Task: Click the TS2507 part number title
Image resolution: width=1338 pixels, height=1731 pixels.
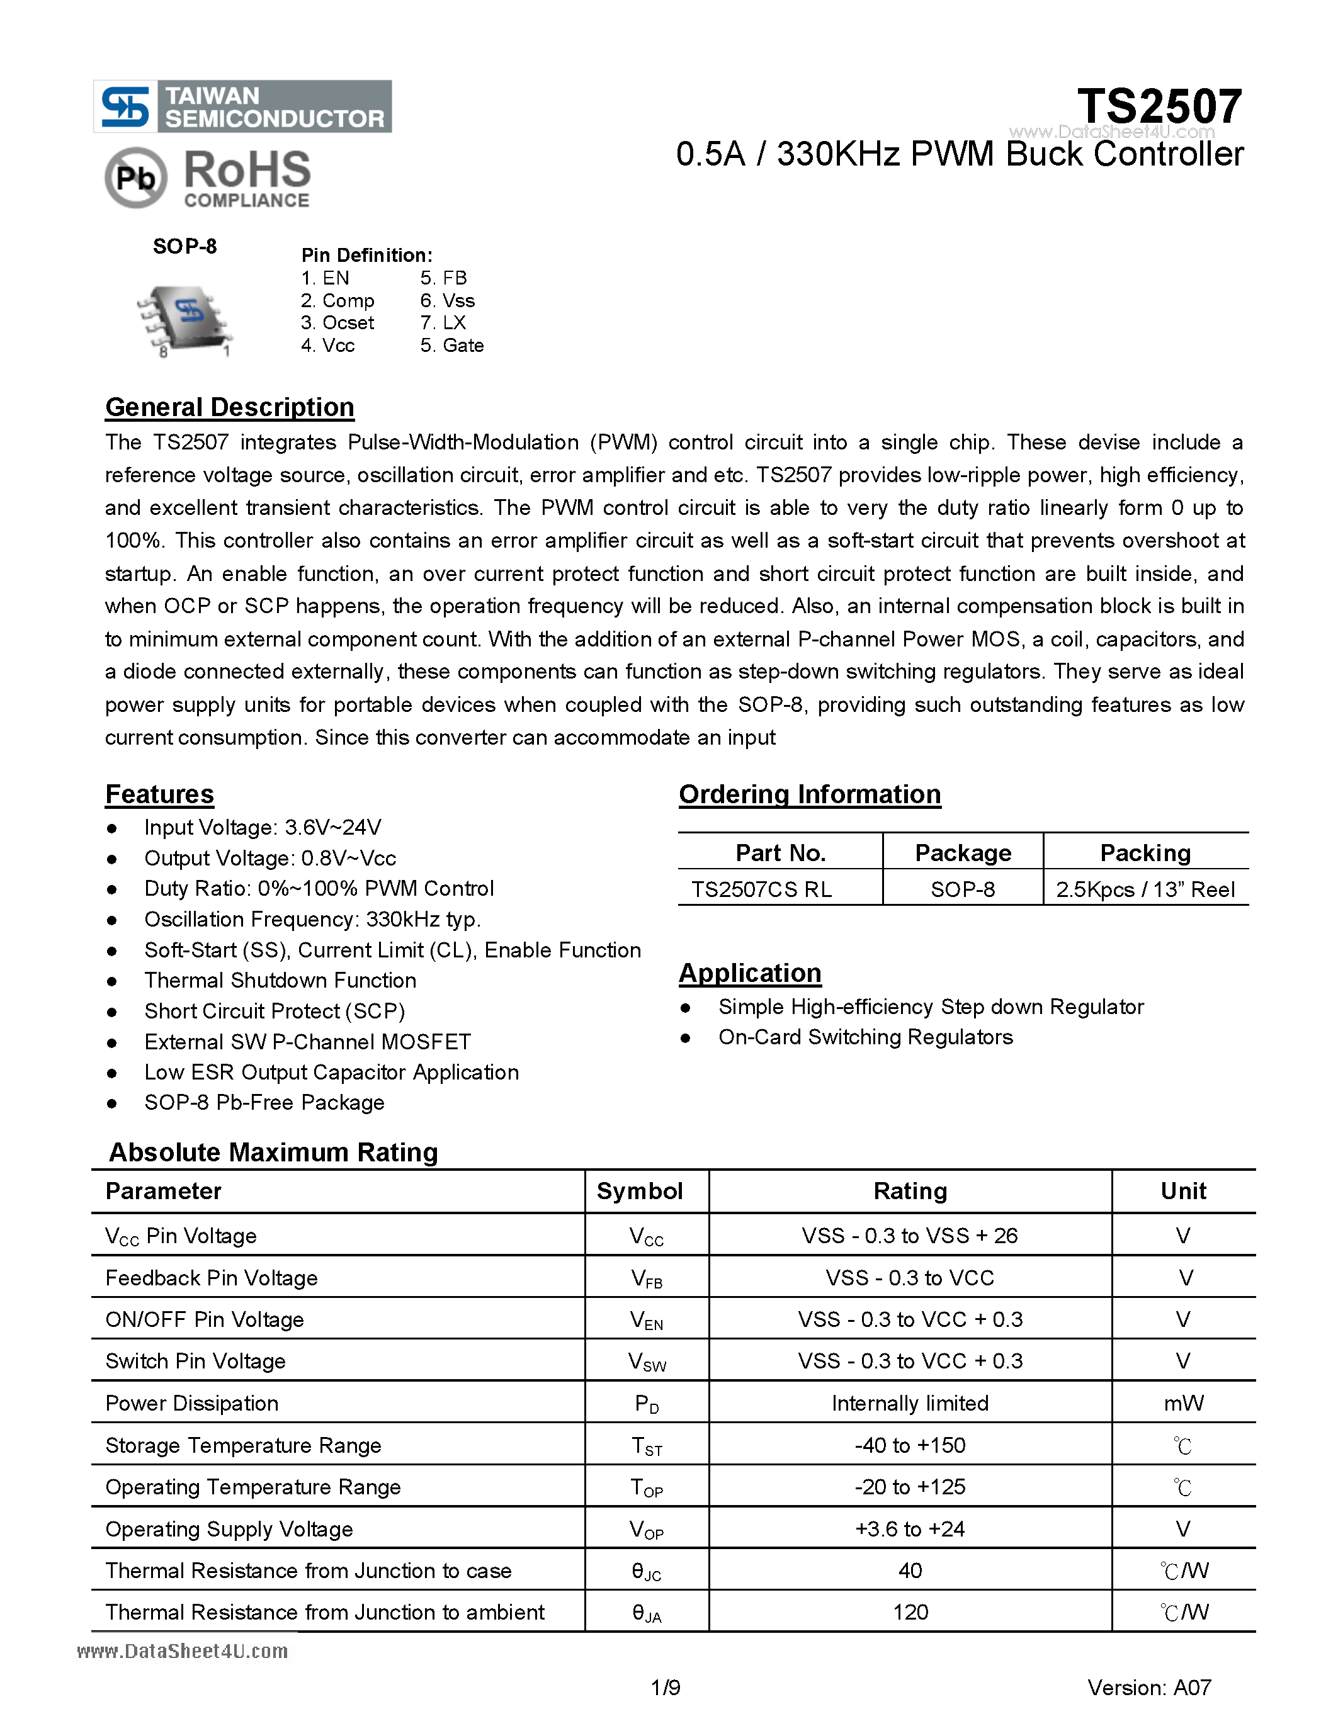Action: [x=1159, y=106]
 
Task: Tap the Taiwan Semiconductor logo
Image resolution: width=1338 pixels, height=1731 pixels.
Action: [x=242, y=106]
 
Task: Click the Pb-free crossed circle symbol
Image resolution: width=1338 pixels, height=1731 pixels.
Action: [x=135, y=178]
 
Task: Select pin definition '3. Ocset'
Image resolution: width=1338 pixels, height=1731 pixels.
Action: [x=337, y=322]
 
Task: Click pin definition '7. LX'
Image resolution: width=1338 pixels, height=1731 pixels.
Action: [x=443, y=322]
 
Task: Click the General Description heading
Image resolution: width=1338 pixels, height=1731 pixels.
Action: [x=229, y=407]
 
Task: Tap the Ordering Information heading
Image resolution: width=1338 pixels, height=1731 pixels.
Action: [x=809, y=794]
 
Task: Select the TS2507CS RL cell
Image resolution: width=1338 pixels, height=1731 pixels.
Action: [x=761, y=889]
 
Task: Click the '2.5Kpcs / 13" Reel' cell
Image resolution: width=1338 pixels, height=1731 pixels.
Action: [x=1145, y=889]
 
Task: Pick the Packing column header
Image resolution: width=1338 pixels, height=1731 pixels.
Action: [x=1145, y=853]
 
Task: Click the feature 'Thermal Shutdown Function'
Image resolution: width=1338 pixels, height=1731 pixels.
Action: [x=280, y=981]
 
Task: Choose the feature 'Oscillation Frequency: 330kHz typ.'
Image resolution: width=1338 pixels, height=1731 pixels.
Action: [x=312, y=920]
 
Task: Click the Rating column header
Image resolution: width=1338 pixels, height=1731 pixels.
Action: [x=910, y=1192]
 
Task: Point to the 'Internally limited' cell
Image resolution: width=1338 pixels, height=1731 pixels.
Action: [x=910, y=1403]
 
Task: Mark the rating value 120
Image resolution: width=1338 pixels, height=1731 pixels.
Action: [x=910, y=1612]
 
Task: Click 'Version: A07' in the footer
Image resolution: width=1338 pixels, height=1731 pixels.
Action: [x=1148, y=1688]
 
